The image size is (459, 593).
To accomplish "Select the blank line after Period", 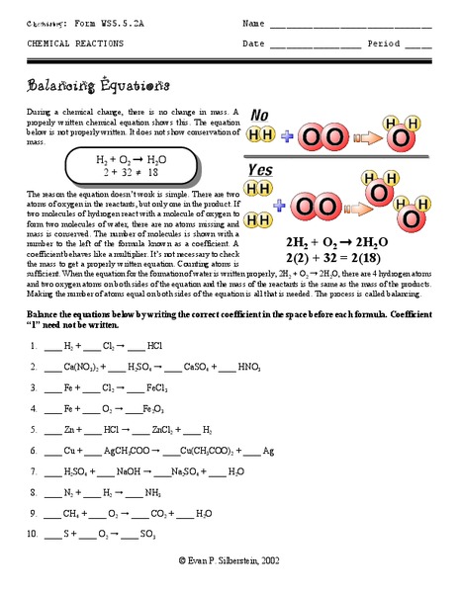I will click(x=417, y=45).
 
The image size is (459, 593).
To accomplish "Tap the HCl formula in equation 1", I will click(x=153, y=346).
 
